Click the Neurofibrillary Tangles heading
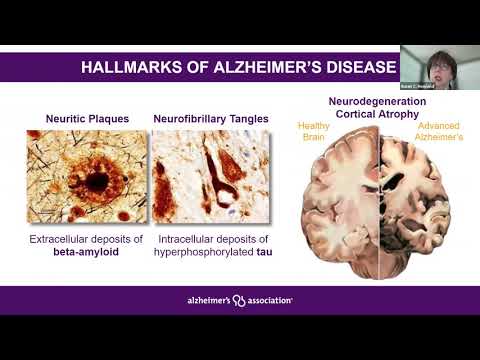pos(211,119)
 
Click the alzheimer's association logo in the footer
pos(240,300)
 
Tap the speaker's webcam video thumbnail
pos(440,66)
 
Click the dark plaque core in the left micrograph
pos(97,182)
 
